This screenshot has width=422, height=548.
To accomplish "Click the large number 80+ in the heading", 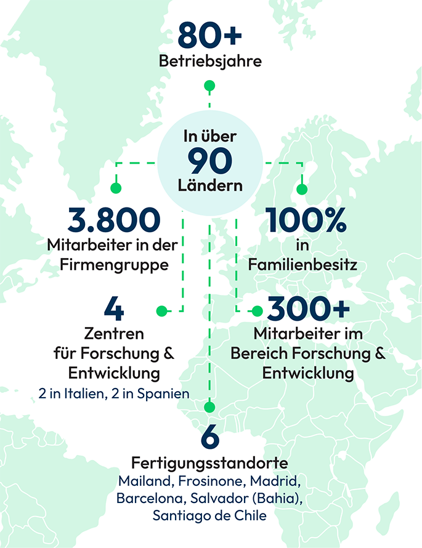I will coord(209,35).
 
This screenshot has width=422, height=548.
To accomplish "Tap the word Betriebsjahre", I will coord(210,62).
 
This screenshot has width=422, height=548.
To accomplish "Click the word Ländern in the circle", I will coord(210,185).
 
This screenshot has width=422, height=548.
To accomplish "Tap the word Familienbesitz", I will coord(302,265).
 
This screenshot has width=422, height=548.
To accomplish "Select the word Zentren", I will coord(113,334).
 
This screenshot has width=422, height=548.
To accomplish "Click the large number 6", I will coord(210,438).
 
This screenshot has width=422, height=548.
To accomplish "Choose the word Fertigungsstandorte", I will coord(210,463).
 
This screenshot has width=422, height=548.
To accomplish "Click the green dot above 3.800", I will coord(115,188).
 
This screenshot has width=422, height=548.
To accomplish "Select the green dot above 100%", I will coord(301,188).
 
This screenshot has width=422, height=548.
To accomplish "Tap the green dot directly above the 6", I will coord(210,407).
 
